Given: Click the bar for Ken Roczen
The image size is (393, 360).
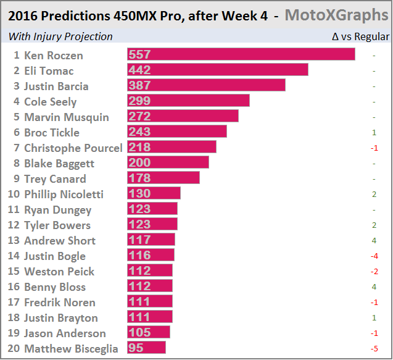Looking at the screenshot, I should [x=241, y=55].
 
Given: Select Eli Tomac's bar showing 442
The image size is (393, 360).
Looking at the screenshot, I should [x=217, y=70].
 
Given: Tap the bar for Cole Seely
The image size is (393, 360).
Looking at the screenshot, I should [x=188, y=101].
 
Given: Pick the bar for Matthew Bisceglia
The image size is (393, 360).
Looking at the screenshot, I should [x=146, y=348].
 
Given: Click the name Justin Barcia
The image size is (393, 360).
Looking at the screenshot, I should [x=56, y=86].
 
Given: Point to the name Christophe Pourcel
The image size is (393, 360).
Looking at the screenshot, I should [x=73, y=148].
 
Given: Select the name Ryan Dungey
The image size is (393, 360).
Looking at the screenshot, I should [x=57, y=210].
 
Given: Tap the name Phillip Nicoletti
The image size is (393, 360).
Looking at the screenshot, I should [x=64, y=195].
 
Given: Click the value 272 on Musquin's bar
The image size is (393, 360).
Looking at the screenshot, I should [x=139, y=117].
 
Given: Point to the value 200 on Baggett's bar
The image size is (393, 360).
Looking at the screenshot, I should [x=139, y=163].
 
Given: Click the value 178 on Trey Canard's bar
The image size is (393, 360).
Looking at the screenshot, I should [x=139, y=178].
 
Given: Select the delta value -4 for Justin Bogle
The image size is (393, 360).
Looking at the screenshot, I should [x=374, y=256].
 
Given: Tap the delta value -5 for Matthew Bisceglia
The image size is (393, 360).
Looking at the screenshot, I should [x=374, y=349].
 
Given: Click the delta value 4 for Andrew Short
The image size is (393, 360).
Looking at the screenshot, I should [x=374, y=241].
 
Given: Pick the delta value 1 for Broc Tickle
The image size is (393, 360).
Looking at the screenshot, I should [x=374, y=133].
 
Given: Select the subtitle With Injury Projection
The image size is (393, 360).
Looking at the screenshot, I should [x=60, y=36].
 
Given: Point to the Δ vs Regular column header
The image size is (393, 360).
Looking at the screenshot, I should [x=360, y=36].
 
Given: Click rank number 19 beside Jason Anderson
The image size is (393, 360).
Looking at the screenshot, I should [x=14, y=333].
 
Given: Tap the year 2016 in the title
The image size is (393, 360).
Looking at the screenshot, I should [x=22, y=15].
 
